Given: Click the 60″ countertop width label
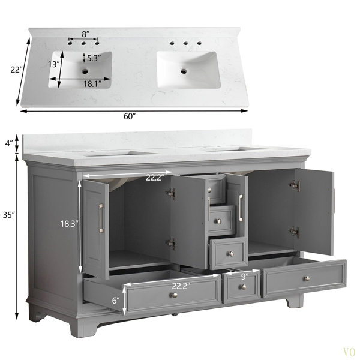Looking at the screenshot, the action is [x=130, y=116].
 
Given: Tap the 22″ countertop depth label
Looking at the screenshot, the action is [x=17, y=70].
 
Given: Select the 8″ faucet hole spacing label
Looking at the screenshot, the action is [x=85, y=34].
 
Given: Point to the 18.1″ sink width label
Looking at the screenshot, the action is [x=92, y=84].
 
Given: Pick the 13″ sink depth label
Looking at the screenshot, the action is [x=54, y=64].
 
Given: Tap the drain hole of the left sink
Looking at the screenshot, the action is [x=85, y=71].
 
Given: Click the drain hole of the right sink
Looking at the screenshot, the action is [x=184, y=71].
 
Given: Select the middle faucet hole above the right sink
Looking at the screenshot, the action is [x=185, y=43].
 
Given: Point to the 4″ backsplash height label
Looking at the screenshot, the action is [x=9, y=143].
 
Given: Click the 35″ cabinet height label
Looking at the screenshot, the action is [x=9, y=215].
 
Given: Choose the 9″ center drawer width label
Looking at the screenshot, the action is [x=244, y=277].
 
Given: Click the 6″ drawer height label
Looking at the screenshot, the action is [x=116, y=300].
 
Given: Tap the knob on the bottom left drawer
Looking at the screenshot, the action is [x=175, y=295].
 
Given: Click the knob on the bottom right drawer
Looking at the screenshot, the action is [x=307, y=279].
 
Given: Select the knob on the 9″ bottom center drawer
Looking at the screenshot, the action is [x=244, y=287].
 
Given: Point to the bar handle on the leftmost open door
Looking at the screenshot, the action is [x=101, y=217].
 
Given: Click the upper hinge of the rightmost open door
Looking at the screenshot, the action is [x=295, y=186].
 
